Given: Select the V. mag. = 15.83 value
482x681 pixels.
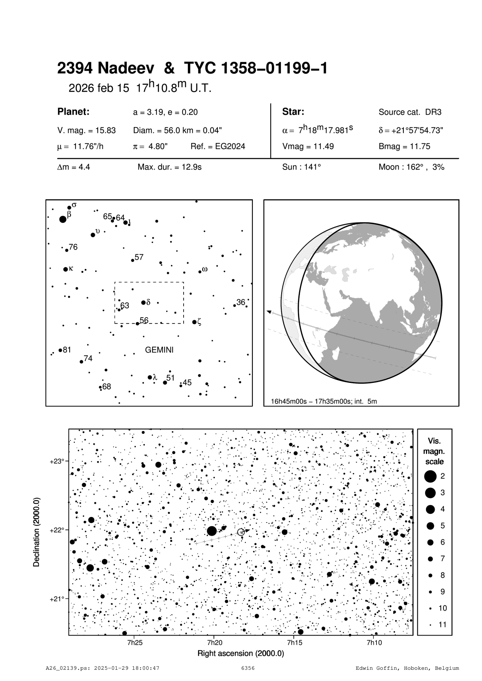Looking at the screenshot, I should point(86,131).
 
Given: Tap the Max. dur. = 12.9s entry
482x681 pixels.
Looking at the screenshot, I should point(169,168).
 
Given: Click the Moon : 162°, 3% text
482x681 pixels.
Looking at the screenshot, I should point(411,168).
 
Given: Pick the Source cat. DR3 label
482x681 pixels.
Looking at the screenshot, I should point(410,112).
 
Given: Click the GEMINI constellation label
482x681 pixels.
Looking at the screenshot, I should point(159,350).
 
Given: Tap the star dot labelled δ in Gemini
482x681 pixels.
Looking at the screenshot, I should point(143,302).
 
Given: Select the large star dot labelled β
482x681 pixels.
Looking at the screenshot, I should point(63,219).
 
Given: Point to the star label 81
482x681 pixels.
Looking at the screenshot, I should point(67,350).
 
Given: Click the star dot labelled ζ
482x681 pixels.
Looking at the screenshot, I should point(195,322).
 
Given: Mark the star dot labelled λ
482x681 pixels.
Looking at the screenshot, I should point(150,377).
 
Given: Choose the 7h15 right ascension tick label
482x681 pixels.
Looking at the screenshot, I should point(294,643).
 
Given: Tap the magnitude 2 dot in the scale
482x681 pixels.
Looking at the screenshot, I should point(430,476).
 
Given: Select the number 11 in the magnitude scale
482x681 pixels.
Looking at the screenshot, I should point(443,625).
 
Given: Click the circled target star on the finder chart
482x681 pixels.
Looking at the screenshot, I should point(241,532).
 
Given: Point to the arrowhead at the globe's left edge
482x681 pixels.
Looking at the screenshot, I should point(269,311).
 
